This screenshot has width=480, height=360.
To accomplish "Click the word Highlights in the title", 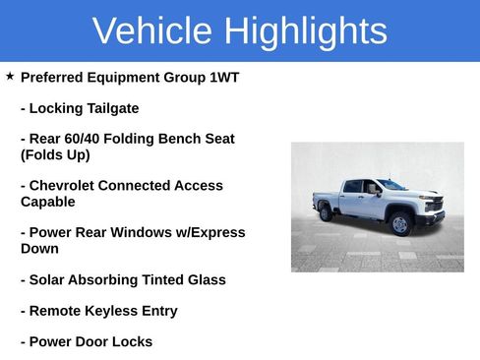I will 304,31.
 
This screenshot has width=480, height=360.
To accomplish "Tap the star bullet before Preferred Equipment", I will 10,76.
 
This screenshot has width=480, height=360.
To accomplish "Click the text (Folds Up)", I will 55,154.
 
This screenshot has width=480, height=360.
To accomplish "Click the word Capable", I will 48,202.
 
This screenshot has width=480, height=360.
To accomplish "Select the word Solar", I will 49,280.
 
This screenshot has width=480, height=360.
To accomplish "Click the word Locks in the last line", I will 132,342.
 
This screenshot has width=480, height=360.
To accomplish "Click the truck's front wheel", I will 399,223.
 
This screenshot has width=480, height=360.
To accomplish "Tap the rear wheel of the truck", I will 326,211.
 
